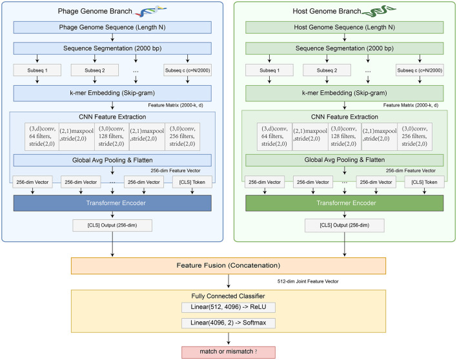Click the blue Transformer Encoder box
click(112, 203)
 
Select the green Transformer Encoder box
click(345, 203)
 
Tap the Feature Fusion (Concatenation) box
click(228, 266)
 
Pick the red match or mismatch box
click(228, 352)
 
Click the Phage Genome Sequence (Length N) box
click(112, 27)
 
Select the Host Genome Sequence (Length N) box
click(345, 27)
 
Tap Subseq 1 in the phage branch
click(37, 70)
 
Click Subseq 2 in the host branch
click(327, 70)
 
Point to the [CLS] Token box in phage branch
click(192, 182)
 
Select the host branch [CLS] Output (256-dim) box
click(345, 225)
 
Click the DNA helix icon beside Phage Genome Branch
click(150, 11)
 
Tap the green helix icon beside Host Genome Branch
click(379, 11)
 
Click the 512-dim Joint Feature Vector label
click(308, 281)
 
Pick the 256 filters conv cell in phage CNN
click(183, 136)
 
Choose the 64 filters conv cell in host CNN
click(274, 136)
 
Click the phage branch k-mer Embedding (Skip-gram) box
click(112, 93)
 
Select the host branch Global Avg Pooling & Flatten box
click(345, 160)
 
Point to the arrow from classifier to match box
click(228, 339)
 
